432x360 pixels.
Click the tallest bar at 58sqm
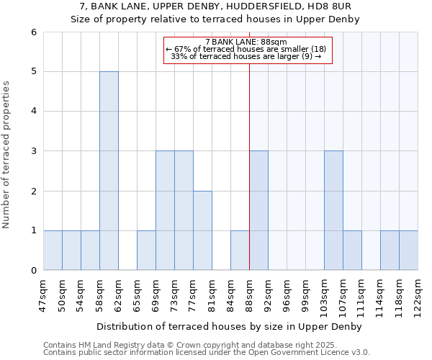click(109, 171)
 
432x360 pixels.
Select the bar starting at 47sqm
click(53, 250)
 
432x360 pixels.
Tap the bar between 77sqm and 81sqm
click(202, 230)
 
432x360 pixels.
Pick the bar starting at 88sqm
click(258, 210)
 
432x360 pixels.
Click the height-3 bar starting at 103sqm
click(333, 210)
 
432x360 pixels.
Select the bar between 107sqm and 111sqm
click(352, 250)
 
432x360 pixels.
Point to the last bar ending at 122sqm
click(408, 250)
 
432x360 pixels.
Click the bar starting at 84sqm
click(240, 250)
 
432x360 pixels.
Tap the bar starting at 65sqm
click(146, 250)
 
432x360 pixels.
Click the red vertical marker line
click(249, 180)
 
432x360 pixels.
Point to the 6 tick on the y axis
click(33, 32)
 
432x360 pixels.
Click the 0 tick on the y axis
click(33, 270)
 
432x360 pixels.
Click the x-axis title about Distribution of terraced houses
click(230, 326)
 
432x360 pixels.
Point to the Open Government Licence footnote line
click(207, 353)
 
